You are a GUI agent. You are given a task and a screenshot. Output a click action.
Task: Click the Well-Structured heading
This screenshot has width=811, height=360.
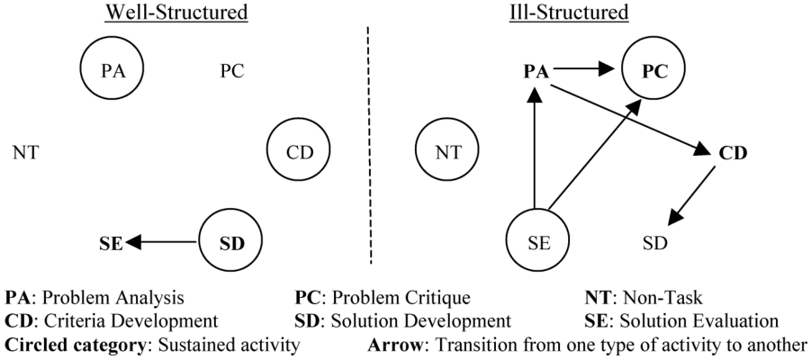coord(177,13)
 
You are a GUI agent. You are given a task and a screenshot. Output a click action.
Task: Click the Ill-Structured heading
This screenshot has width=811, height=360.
coord(569,13)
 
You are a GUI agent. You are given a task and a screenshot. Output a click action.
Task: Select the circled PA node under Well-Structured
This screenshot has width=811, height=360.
coord(113,68)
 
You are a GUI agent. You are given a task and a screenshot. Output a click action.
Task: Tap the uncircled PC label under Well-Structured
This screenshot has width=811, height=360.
coord(231,71)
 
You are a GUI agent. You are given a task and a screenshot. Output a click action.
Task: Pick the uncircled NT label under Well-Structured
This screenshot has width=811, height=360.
coord(25,153)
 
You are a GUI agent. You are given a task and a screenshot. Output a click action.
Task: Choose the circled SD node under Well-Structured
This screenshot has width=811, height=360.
coord(230,241)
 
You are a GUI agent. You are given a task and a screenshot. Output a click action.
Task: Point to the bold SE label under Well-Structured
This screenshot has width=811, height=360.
coord(112,243)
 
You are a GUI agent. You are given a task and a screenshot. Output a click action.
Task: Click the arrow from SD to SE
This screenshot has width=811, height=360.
coord(162,241)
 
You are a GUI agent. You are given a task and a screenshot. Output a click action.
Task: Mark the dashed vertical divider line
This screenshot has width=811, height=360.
coord(369,147)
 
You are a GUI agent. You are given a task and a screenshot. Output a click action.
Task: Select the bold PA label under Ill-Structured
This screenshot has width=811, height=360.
coord(536,71)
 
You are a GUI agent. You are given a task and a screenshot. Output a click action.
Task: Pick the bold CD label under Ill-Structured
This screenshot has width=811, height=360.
coord(734,153)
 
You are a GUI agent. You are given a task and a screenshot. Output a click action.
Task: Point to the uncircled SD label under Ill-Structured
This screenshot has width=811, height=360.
coord(655,243)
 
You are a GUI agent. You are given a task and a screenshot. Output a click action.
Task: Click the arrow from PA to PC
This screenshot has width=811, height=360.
coord(583,68)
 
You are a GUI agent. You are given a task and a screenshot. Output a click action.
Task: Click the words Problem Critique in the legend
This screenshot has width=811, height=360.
coord(401,298)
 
